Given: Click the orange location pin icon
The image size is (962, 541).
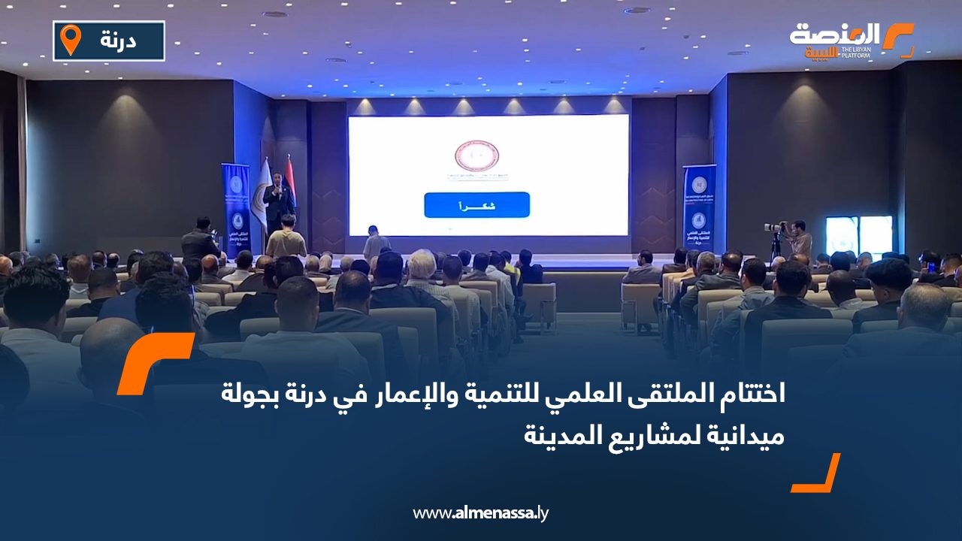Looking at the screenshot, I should click(71, 39).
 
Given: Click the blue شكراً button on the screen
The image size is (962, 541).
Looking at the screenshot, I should click(476, 205).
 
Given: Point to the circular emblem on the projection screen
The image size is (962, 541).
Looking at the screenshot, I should click(476, 156).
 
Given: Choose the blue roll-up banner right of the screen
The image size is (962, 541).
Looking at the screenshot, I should click(699, 207).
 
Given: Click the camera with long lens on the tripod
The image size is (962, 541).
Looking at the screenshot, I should click(773, 227).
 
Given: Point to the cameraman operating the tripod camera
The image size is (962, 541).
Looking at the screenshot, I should click(798, 240).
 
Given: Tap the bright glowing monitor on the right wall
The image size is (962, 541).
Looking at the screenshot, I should click(859, 234).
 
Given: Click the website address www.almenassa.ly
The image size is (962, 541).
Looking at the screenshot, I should click(481, 513).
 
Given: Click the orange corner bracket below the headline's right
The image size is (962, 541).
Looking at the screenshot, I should click(817, 473).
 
